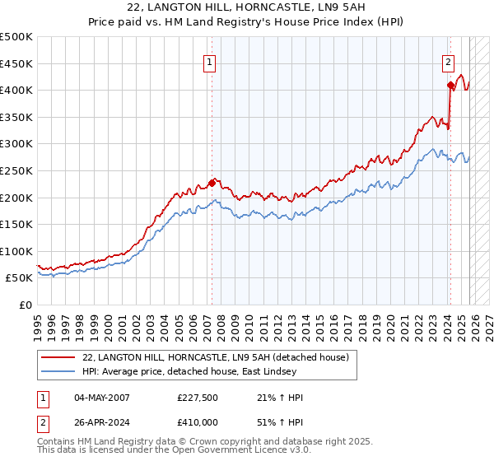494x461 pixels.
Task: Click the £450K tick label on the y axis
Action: [x=16, y=63]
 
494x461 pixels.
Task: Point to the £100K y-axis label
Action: [x=16, y=251]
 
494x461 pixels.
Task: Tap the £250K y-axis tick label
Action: [x=16, y=170]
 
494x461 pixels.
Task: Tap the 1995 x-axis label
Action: [x=38, y=320]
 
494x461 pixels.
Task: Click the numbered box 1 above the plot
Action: [x=210, y=61]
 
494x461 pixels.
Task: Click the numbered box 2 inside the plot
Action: [x=448, y=61]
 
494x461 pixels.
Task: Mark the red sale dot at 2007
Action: [x=212, y=182]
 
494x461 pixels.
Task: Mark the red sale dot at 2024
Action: [x=450, y=85]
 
